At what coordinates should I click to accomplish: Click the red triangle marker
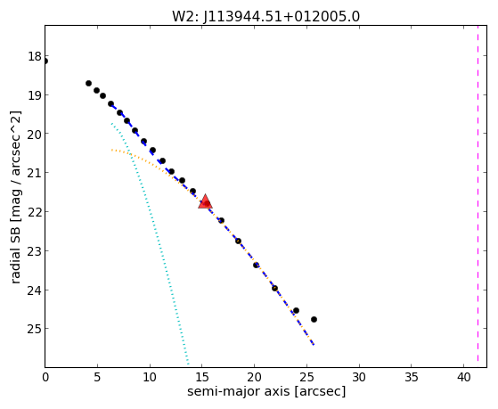[205, 201]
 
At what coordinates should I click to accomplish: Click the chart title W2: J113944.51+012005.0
[265, 17]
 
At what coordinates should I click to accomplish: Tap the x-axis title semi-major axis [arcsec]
[266, 391]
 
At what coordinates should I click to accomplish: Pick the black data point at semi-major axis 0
[45, 61]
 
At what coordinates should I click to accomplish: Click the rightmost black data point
[314, 319]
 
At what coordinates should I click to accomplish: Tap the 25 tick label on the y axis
[34, 329]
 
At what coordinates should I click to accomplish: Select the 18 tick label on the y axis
[34, 56]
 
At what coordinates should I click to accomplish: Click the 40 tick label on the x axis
[463, 377]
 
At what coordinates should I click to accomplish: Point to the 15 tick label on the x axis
[202, 377]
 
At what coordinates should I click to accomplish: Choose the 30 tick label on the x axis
[359, 377]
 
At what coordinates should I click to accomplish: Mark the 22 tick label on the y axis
[34, 212]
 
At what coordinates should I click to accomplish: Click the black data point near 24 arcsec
[296, 310]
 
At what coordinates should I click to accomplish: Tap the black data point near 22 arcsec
[274, 288]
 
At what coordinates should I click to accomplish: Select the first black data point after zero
[88, 83]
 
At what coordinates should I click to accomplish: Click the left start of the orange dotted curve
[111, 150]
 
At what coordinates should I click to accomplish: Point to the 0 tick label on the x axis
[45, 377]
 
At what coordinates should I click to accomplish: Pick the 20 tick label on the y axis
[34, 134]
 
